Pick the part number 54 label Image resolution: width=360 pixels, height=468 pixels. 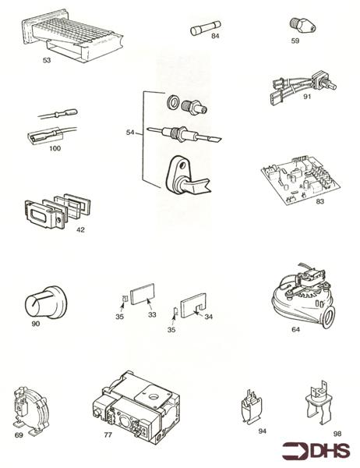tap(130, 133)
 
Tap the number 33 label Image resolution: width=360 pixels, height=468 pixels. tap(153, 314)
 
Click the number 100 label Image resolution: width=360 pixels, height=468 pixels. tap(54, 148)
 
